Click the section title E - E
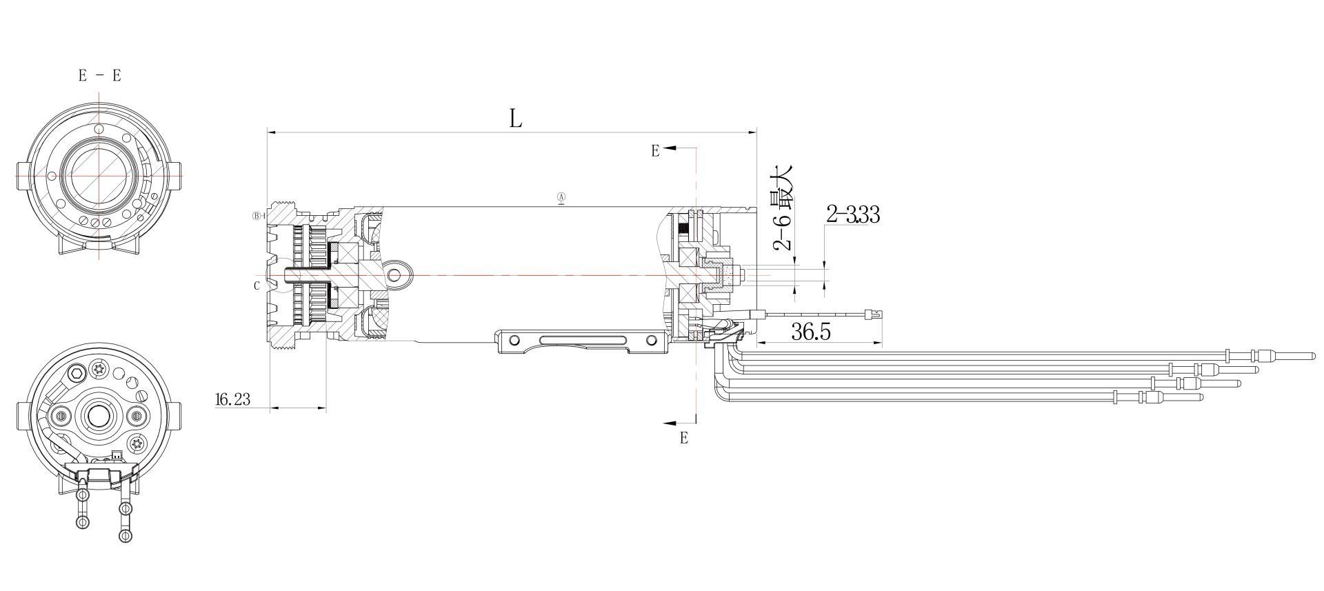[99, 76]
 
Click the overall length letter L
[516, 119]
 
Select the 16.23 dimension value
[232, 399]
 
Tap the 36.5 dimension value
[811, 332]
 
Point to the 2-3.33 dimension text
[853, 215]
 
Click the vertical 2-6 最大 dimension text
[783, 208]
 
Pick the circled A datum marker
[561, 198]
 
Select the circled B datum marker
[257, 216]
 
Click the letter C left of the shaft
[257, 286]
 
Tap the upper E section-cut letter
[655, 151]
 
